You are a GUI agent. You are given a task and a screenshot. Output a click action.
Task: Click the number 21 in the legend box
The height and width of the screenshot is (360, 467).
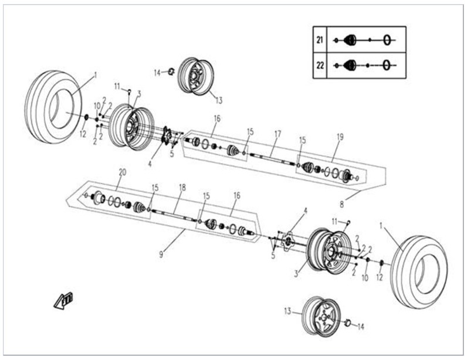pos(319,40)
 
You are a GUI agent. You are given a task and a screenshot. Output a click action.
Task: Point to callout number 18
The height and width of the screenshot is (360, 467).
pos(182,187)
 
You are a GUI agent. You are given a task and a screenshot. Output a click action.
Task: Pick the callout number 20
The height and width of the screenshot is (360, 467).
pos(122,172)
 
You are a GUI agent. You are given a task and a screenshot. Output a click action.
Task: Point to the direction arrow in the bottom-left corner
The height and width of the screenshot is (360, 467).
pos(63,300)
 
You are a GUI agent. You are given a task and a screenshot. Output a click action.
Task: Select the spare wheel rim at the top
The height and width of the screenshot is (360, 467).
pos(196,75)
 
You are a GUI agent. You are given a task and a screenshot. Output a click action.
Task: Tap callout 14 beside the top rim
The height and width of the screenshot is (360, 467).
pos(157,73)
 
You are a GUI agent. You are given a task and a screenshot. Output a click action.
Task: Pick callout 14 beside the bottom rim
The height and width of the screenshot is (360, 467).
pos(360,326)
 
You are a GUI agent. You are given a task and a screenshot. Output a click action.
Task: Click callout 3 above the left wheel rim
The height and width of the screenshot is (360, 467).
pos(138,93)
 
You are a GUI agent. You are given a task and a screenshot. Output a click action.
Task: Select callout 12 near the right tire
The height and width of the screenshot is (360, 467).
pos(379,277)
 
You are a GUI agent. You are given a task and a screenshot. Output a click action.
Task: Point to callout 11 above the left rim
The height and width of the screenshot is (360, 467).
pos(117,86)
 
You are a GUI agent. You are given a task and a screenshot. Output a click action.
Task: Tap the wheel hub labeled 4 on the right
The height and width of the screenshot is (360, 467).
pos(289,241)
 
